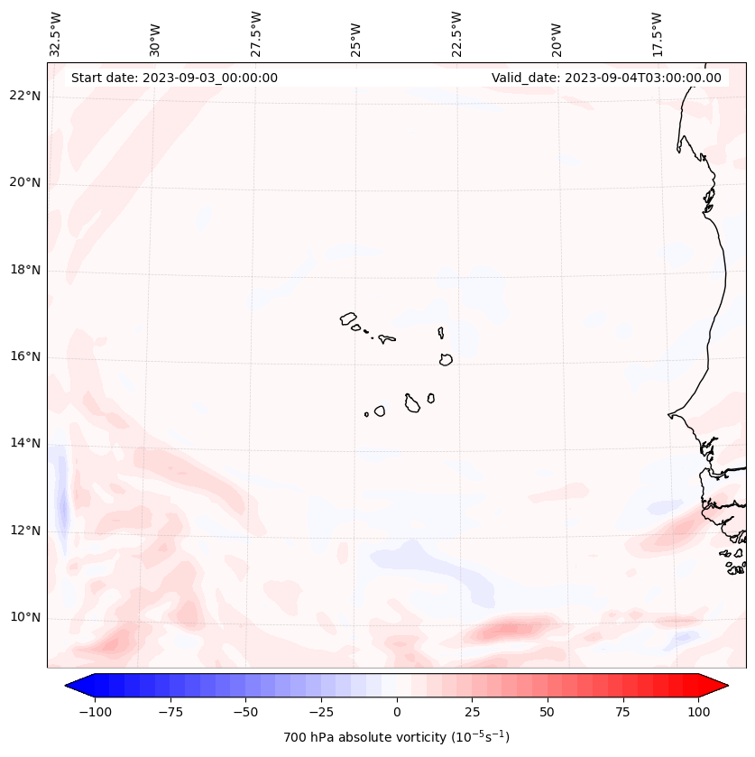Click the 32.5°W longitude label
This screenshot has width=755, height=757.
tap(57, 34)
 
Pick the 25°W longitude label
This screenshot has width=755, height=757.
tap(357, 37)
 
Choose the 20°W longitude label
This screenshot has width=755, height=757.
tap(557, 37)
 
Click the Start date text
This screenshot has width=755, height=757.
tap(174, 78)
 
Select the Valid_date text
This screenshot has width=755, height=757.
tap(606, 78)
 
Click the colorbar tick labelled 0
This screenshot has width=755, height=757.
tap(397, 712)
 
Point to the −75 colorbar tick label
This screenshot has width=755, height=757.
tap(168, 712)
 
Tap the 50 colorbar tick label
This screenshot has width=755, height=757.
tap(548, 712)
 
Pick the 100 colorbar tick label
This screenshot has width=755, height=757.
tap(698, 712)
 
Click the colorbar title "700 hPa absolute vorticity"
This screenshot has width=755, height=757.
tap(397, 737)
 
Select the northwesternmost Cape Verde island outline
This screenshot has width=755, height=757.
tap(348, 318)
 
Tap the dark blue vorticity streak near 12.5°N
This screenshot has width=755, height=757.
tap(62, 501)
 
